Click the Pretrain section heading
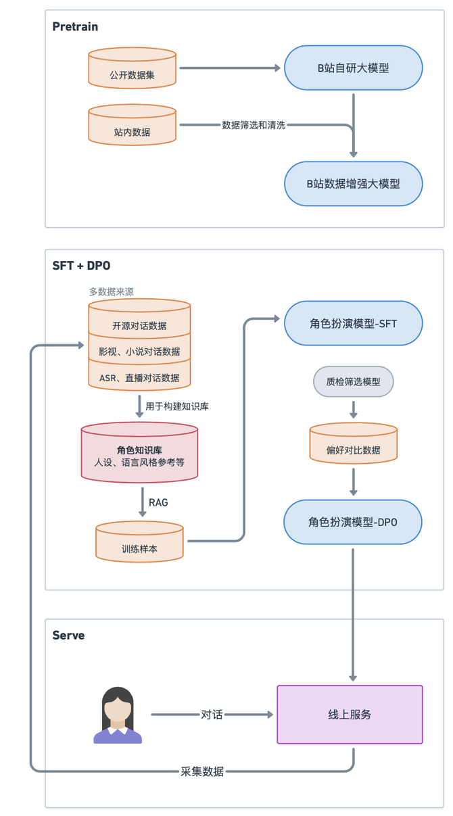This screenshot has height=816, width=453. tap(75, 27)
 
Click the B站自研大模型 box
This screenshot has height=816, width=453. tap(353, 68)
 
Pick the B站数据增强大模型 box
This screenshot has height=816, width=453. tap(353, 183)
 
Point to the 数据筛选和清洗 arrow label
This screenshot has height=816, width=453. tap(254, 125)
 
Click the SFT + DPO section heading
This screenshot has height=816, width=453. tap(81, 266)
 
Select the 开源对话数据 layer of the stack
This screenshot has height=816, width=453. tap(139, 325)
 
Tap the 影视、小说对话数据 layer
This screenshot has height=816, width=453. tap(139, 352)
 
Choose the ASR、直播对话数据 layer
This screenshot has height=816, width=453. tap(139, 378)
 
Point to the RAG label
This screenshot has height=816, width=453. tap(158, 503)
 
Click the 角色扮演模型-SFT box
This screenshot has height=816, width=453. tap(353, 323)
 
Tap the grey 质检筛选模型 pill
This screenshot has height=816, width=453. tap(353, 381)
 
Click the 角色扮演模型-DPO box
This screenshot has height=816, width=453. tap(353, 522)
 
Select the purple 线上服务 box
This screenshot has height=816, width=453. tap(350, 715)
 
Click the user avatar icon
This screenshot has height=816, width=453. tap(118, 715)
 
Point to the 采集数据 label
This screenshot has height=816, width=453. tap(202, 771)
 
